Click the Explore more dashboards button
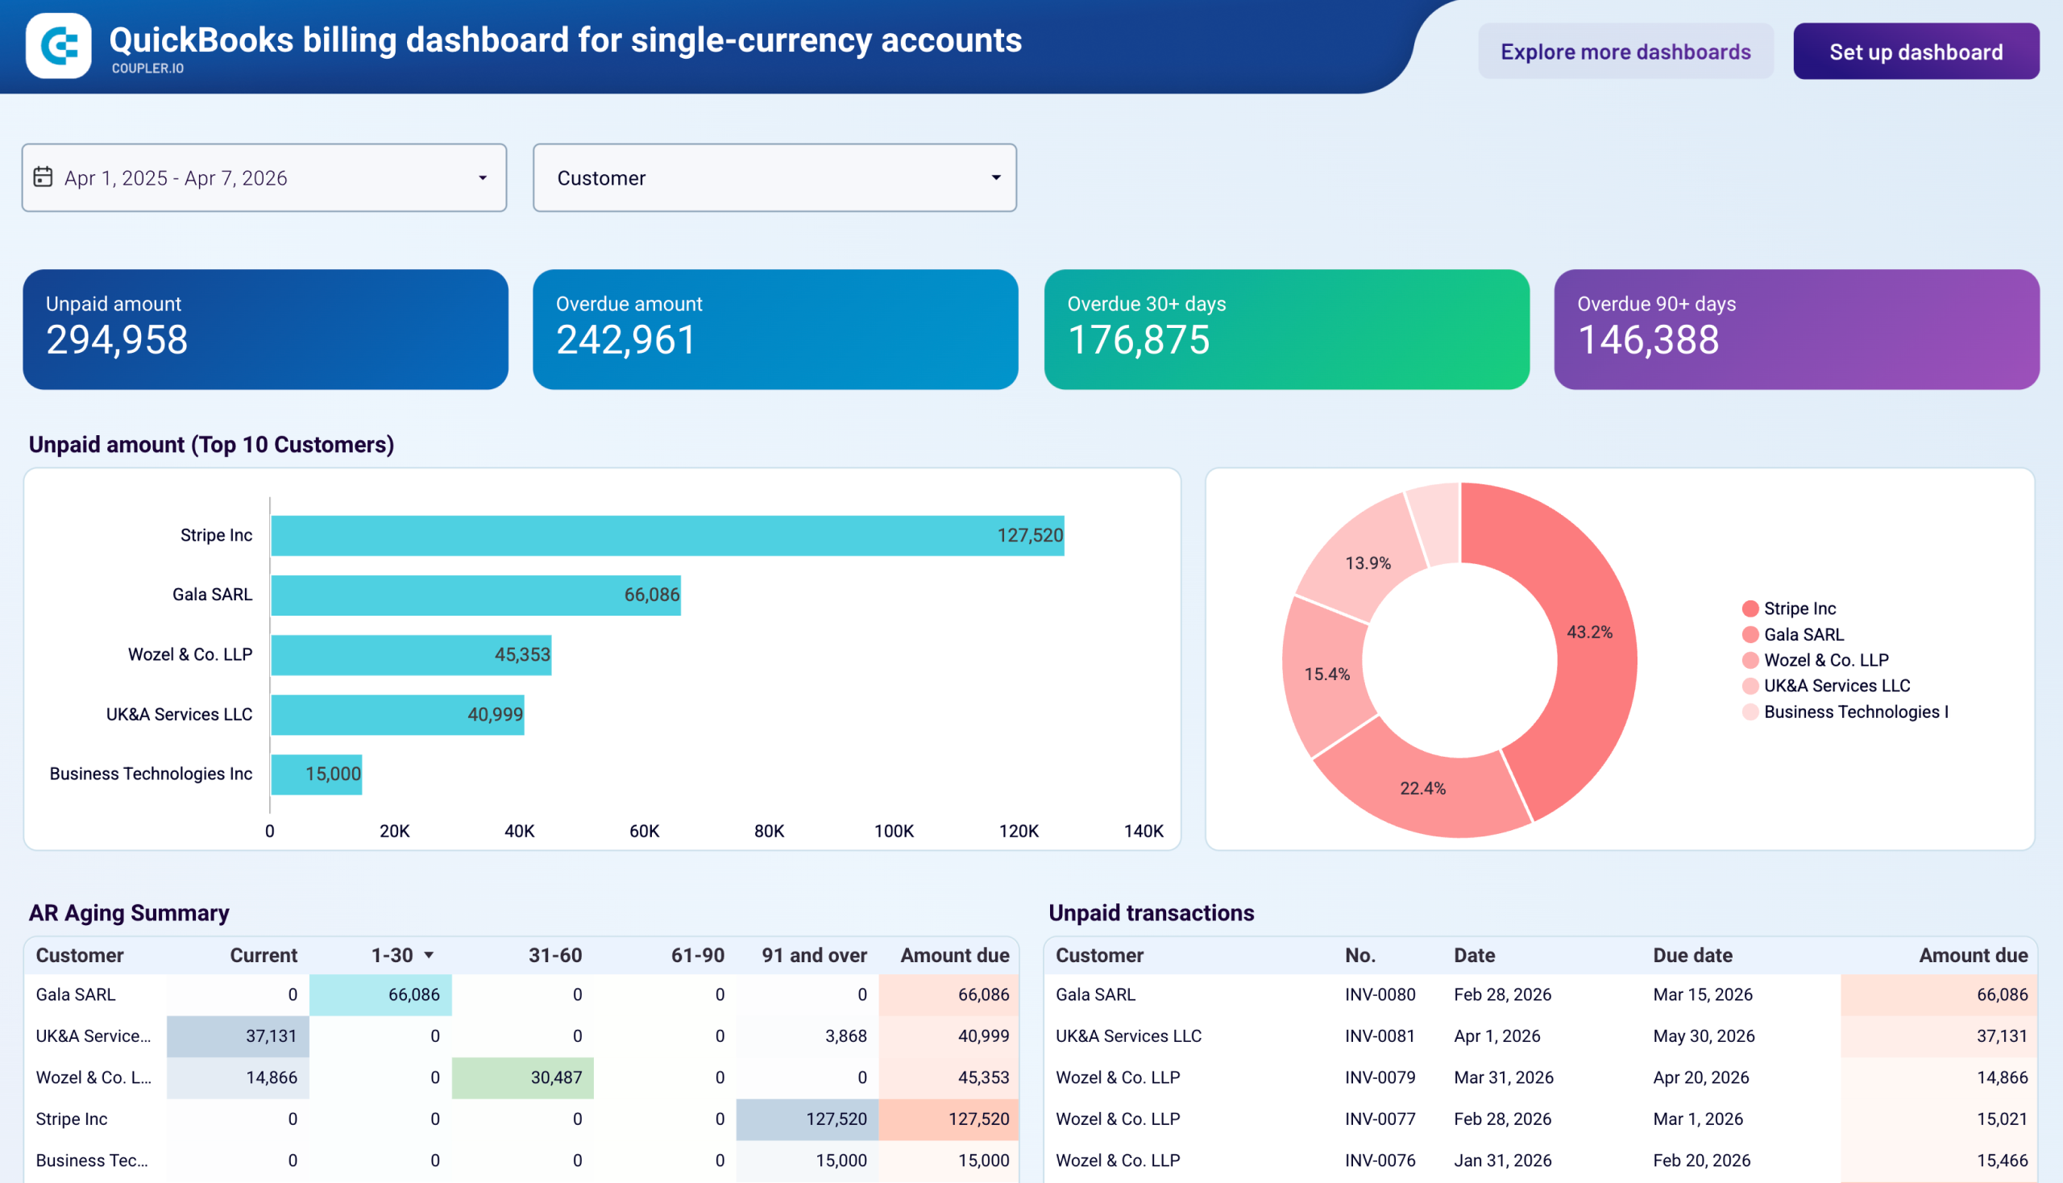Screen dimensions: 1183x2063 (1625, 52)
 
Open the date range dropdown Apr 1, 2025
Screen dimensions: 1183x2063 (264, 178)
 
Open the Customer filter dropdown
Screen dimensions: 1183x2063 (774, 178)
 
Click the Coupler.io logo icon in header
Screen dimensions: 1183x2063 (59, 45)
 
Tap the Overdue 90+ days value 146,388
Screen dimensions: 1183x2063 (1647, 340)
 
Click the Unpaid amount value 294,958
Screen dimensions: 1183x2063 (117, 340)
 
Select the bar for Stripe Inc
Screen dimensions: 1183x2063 (666, 535)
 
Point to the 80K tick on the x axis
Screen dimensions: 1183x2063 (769, 831)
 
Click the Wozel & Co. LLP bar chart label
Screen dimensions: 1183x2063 (190, 655)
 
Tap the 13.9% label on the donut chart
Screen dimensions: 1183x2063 (1368, 563)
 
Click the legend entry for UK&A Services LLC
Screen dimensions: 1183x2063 (1836, 686)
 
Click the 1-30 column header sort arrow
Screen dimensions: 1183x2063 (429, 956)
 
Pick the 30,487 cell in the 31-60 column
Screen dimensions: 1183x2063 (556, 1077)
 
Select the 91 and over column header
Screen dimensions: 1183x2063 (813, 956)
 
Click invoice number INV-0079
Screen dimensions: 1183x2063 (1379, 1077)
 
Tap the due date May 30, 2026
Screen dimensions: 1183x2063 (1703, 1036)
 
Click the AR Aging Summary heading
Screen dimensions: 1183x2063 (129, 913)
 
